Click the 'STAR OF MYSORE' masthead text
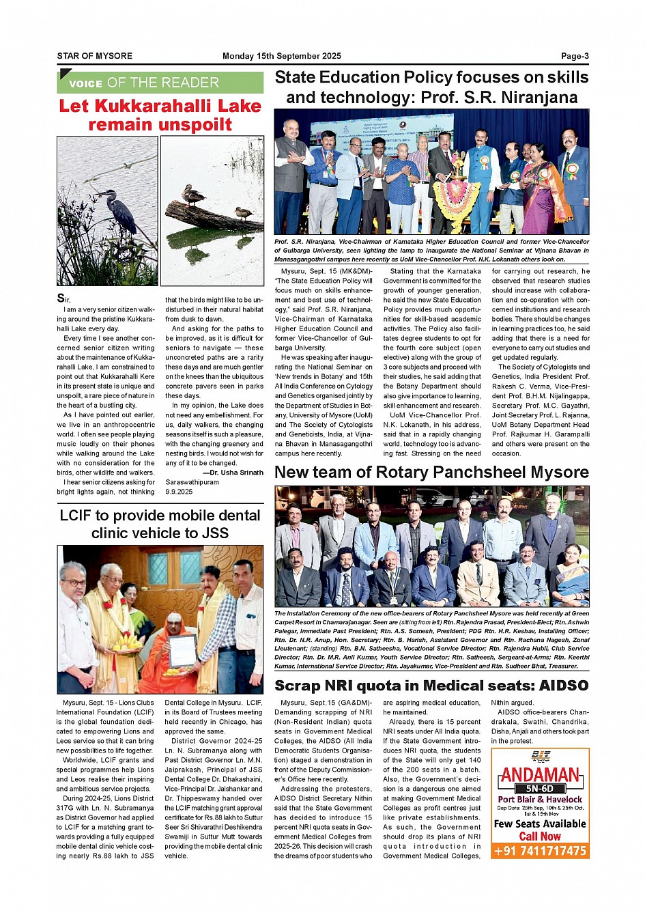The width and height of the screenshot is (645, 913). tap(95, 56)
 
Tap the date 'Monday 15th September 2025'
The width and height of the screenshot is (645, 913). tap(281, 56)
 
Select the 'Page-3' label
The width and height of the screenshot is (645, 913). tap(575, 56)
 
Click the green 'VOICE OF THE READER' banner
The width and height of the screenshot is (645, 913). tap(160, 83)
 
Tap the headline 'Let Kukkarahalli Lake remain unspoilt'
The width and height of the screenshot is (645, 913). tap(160, 115)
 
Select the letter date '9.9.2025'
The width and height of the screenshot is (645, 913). tap(179, 491)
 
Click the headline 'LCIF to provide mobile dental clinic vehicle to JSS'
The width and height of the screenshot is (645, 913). tap(160, 524)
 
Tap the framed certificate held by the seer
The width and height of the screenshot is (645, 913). tap(182, 650)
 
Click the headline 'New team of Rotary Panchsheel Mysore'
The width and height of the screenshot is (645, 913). tap(431, 472)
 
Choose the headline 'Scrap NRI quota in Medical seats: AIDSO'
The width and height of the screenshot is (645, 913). tap(431, 686)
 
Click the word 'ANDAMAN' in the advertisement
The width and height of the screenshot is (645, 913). tap(540, 775)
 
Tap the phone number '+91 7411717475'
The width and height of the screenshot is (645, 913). tap(540, 851)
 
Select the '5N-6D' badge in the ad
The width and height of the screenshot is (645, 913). tap(540, 789)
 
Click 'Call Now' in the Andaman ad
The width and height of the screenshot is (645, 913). tap(540, 836)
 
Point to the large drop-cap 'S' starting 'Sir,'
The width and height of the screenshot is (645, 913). tap(61, 298)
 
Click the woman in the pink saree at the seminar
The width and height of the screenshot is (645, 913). tap(539, 188)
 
